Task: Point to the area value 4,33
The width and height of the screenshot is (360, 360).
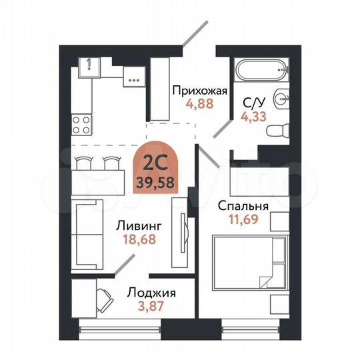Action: click(252, 115)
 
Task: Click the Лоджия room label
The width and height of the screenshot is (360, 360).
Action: click(151, 293)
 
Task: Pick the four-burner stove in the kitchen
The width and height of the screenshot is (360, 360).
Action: click(81, 125)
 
